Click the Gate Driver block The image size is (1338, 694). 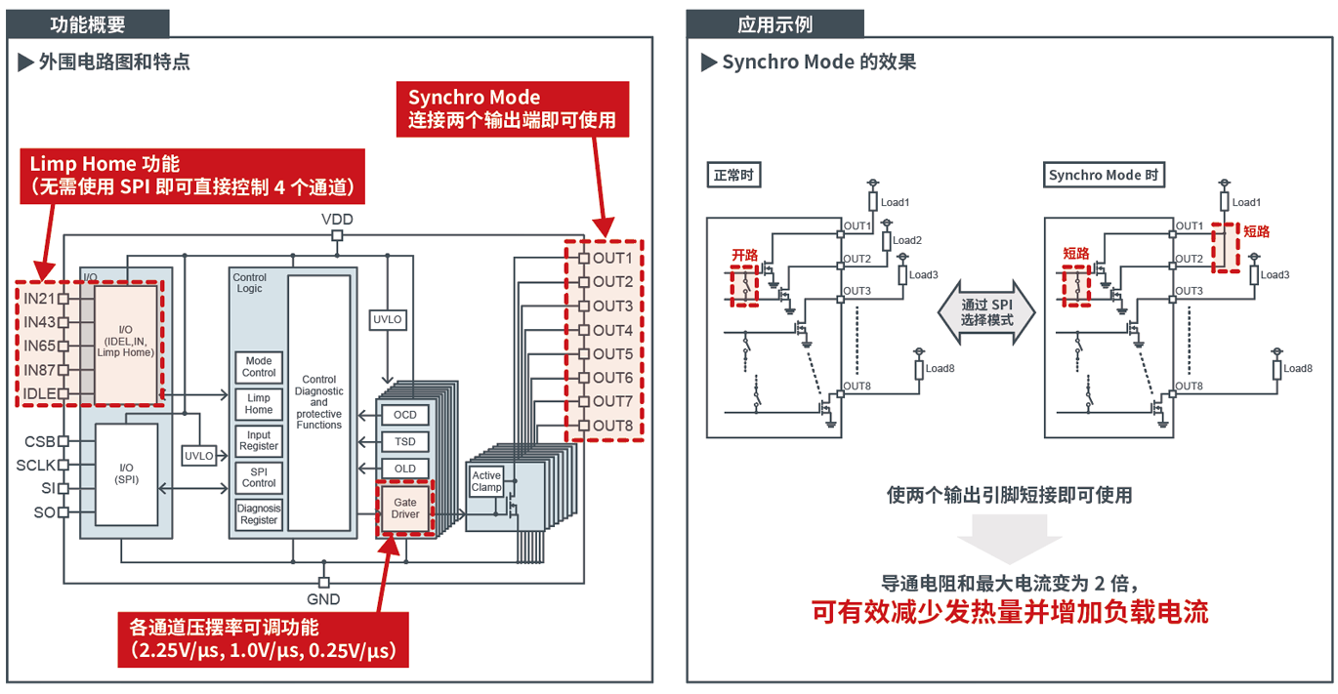(404, 508)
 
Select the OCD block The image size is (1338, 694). (404, 415)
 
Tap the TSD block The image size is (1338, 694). (404, 441)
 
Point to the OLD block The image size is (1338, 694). (404, 469)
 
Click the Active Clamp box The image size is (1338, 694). (486, 481)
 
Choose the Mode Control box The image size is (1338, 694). (259, 366)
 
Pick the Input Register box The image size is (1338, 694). (259, 440)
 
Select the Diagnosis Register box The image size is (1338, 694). (259, 513)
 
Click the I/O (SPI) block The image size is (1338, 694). (126, 473)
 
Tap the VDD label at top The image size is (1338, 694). (337, 220)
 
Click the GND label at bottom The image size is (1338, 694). (323, 598)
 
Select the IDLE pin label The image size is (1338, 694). (39, 393)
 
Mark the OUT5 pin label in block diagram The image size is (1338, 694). (612, 353)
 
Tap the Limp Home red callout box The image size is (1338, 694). (192, 176)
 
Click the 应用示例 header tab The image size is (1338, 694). (774, 24)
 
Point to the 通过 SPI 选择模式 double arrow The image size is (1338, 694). (986, 312)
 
